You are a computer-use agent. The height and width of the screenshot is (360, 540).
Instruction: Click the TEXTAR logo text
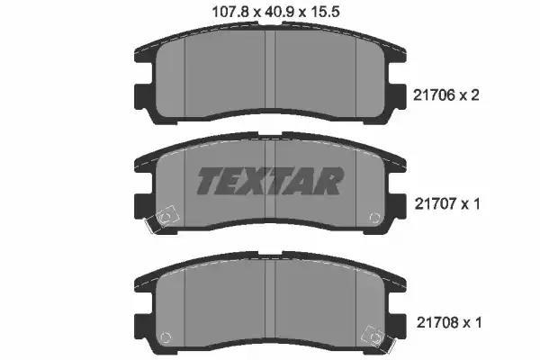click(x=269, y=181)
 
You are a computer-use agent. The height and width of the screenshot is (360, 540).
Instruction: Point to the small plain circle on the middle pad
click(x=373, y=217)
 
